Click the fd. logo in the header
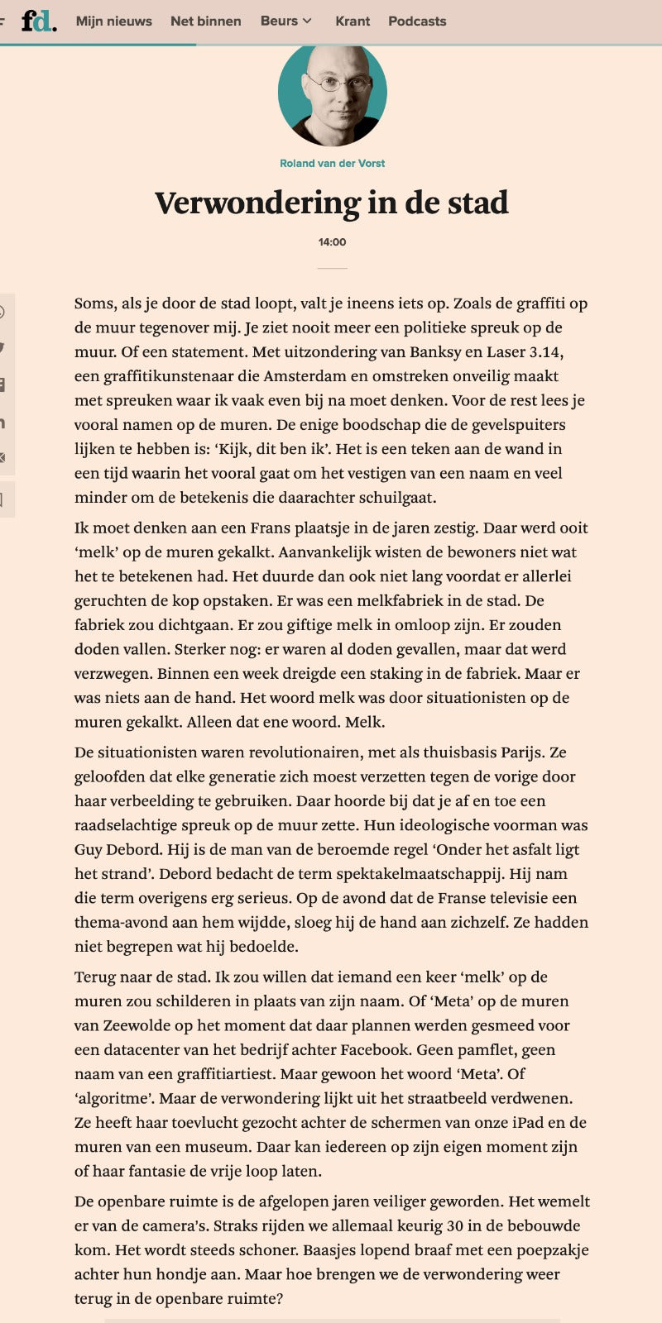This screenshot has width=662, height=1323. (x=38, y=21)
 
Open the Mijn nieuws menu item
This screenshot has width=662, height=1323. (x=113, y=21)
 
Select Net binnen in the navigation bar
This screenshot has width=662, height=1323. (x=205, y=21)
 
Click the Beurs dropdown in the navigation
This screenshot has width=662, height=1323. (x=285, y=21)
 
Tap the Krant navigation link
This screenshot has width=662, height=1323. (x=353, y=21)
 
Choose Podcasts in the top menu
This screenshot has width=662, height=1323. (x=417, y=21)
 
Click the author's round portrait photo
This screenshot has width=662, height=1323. (x=332, y=93)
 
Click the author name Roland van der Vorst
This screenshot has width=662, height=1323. (x=332, y=163)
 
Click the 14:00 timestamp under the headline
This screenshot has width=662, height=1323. (x=332, y=242)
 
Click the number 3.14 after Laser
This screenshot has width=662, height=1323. (x=544, y=351)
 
